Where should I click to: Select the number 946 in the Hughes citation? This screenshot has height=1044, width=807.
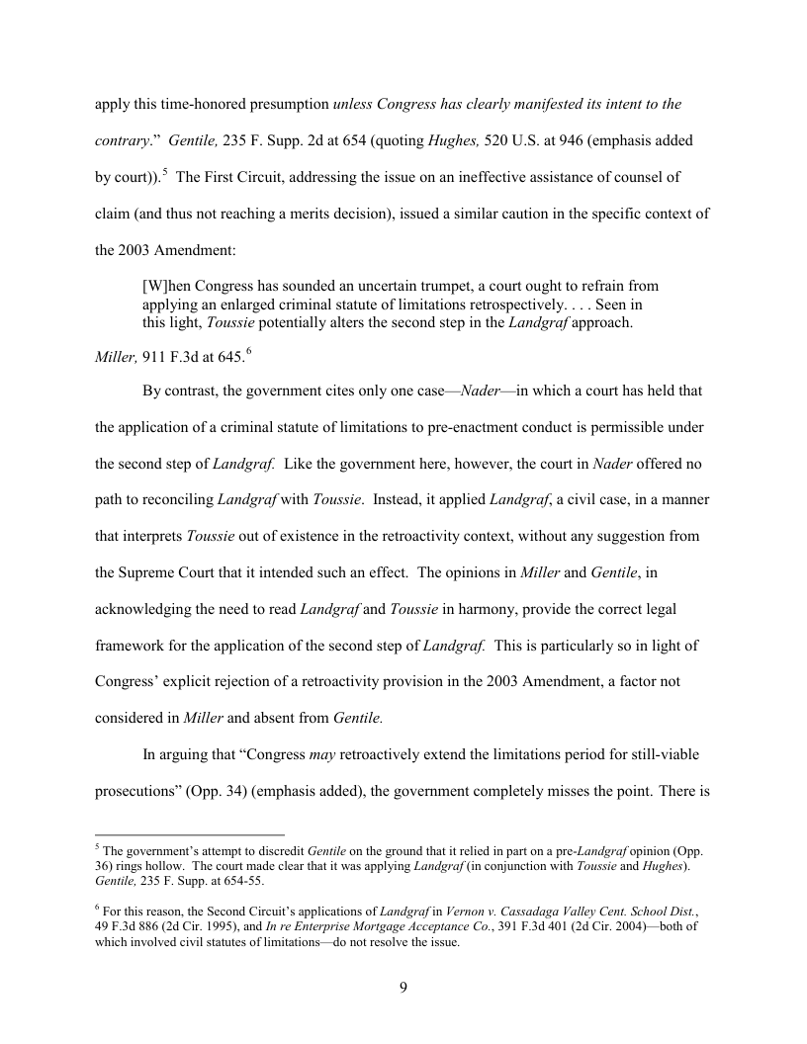click(x=596, y=140)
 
